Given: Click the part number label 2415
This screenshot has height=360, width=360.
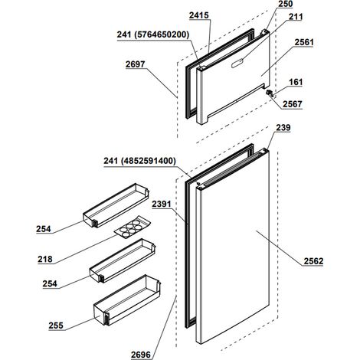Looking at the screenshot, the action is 198,15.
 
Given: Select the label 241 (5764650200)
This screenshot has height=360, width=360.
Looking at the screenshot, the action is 153,34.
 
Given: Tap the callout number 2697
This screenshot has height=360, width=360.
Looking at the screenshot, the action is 135,64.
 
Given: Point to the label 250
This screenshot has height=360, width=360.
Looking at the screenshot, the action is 286,4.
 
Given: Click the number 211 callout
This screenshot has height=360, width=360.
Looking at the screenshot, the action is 296,17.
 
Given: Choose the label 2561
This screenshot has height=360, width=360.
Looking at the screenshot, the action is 304,42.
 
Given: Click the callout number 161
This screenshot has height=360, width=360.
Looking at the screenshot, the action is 296,82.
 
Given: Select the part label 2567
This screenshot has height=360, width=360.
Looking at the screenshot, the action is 293,104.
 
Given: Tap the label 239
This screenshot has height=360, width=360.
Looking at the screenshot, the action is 283,127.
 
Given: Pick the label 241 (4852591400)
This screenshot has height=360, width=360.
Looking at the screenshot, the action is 139,161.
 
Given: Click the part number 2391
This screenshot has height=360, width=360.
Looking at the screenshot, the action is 162,204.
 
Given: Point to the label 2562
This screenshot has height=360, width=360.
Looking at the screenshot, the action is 313,261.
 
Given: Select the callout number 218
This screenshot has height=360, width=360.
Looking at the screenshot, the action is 45,259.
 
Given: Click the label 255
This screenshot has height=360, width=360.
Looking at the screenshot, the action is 56,326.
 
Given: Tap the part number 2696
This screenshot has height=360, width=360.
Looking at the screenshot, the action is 141,355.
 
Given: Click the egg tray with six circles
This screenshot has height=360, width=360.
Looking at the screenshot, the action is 133,227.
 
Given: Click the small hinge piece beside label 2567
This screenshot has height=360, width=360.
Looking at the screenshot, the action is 270,93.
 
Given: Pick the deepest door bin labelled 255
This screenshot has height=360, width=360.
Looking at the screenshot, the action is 127,300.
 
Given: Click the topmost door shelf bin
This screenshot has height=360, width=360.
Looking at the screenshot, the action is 116,205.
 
